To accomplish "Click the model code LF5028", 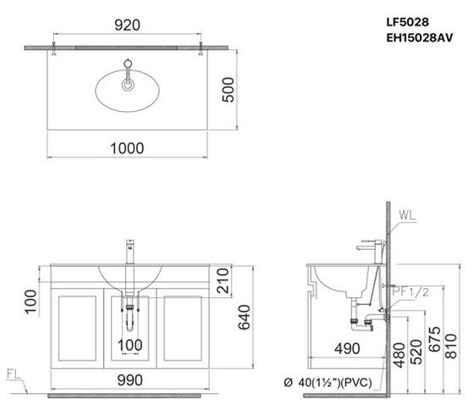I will coord(409,16).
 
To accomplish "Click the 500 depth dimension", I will coord(227,87).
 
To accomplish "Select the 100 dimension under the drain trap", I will coord(130,346).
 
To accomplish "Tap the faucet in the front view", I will coord(130,250).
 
